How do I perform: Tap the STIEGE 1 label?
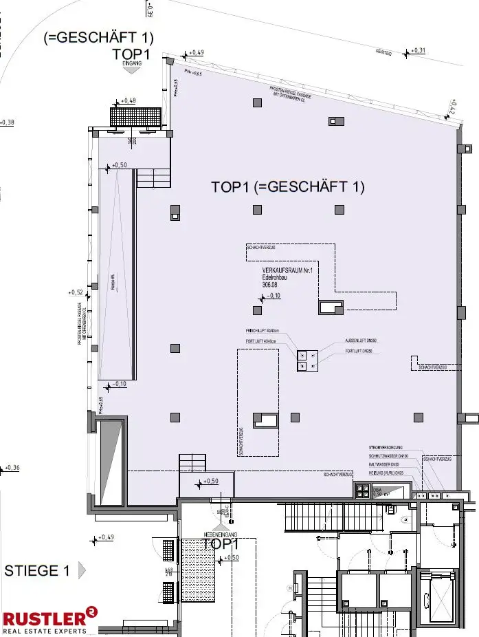click(37, 570)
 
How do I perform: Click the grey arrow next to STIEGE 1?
click(82, 570)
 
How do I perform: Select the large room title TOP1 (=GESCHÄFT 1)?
click(287, 186)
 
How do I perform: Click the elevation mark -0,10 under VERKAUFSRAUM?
click(271, 296)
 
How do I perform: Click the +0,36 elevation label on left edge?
click(12, 468)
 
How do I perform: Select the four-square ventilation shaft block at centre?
click(306, 360)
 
